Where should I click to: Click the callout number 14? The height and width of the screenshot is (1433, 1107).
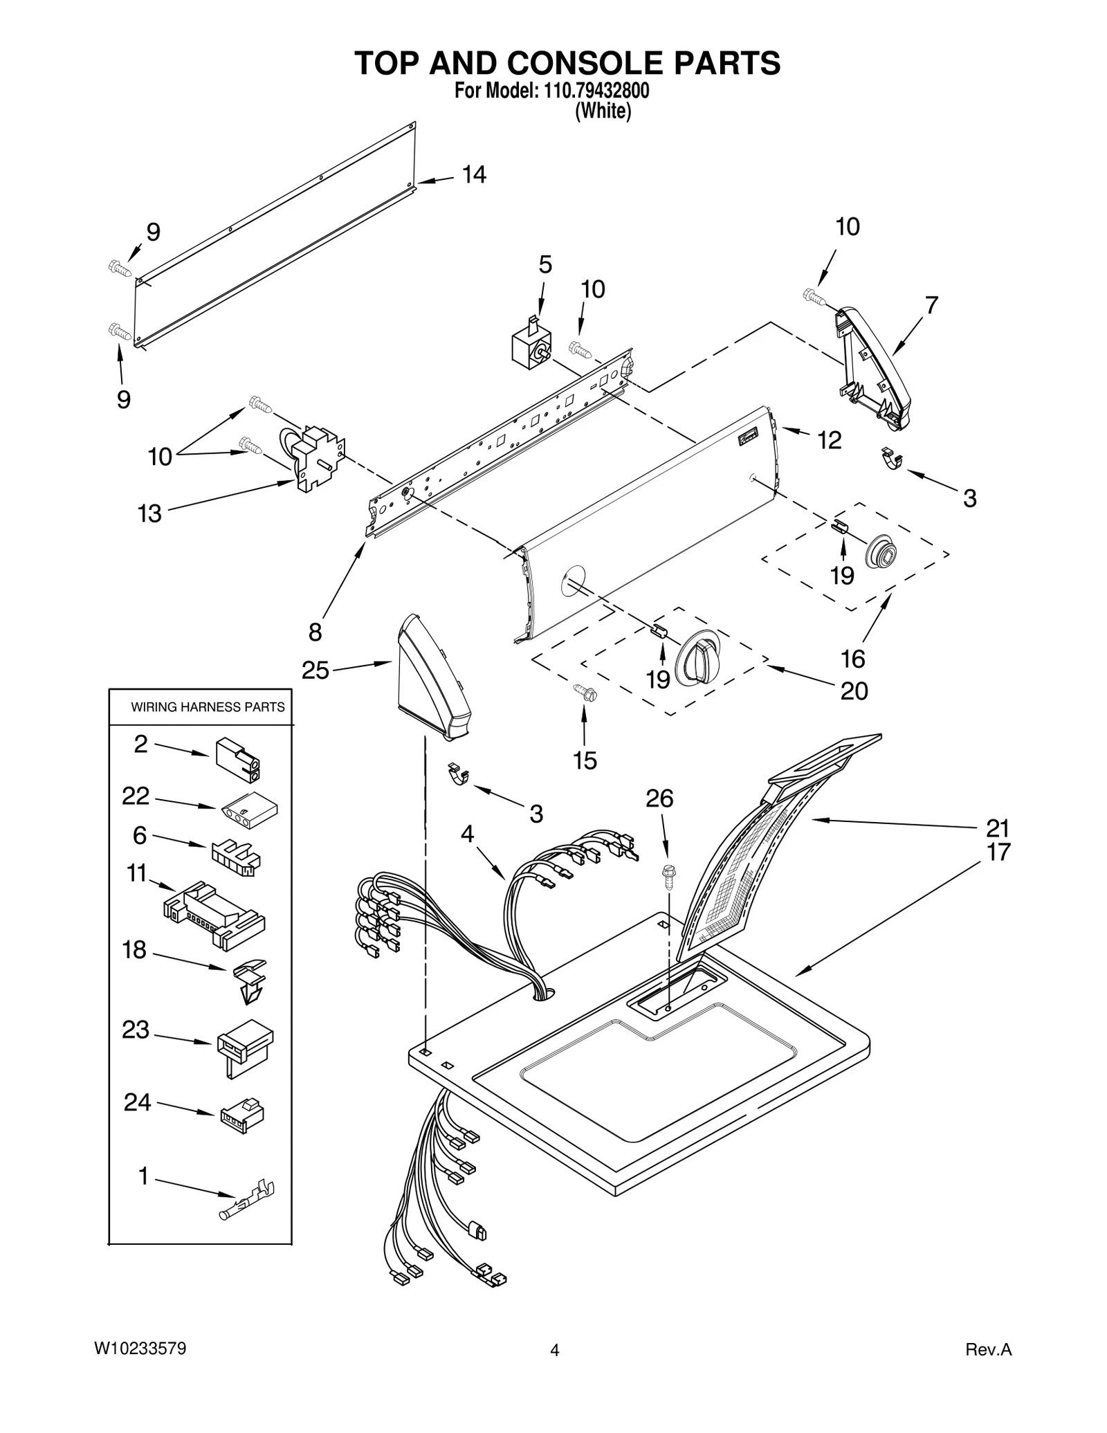pos(474,175)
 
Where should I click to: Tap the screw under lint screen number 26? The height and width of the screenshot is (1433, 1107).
pos(669,877)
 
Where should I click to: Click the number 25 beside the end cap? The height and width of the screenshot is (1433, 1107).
pos(315,670)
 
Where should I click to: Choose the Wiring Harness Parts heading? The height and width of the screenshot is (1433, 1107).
pos(208,707)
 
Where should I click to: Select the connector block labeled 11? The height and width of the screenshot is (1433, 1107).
pos(214,915)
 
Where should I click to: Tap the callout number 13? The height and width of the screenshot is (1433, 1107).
pos(149,513)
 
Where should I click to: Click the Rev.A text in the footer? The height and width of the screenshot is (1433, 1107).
pos(988,1349)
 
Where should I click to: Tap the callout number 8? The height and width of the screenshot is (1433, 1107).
pos(315,631)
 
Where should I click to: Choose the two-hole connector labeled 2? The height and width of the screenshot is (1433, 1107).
pos(238,759)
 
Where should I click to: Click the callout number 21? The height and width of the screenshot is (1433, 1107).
pos(998,828)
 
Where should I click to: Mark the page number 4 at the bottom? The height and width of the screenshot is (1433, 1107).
pos(554,1350)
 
